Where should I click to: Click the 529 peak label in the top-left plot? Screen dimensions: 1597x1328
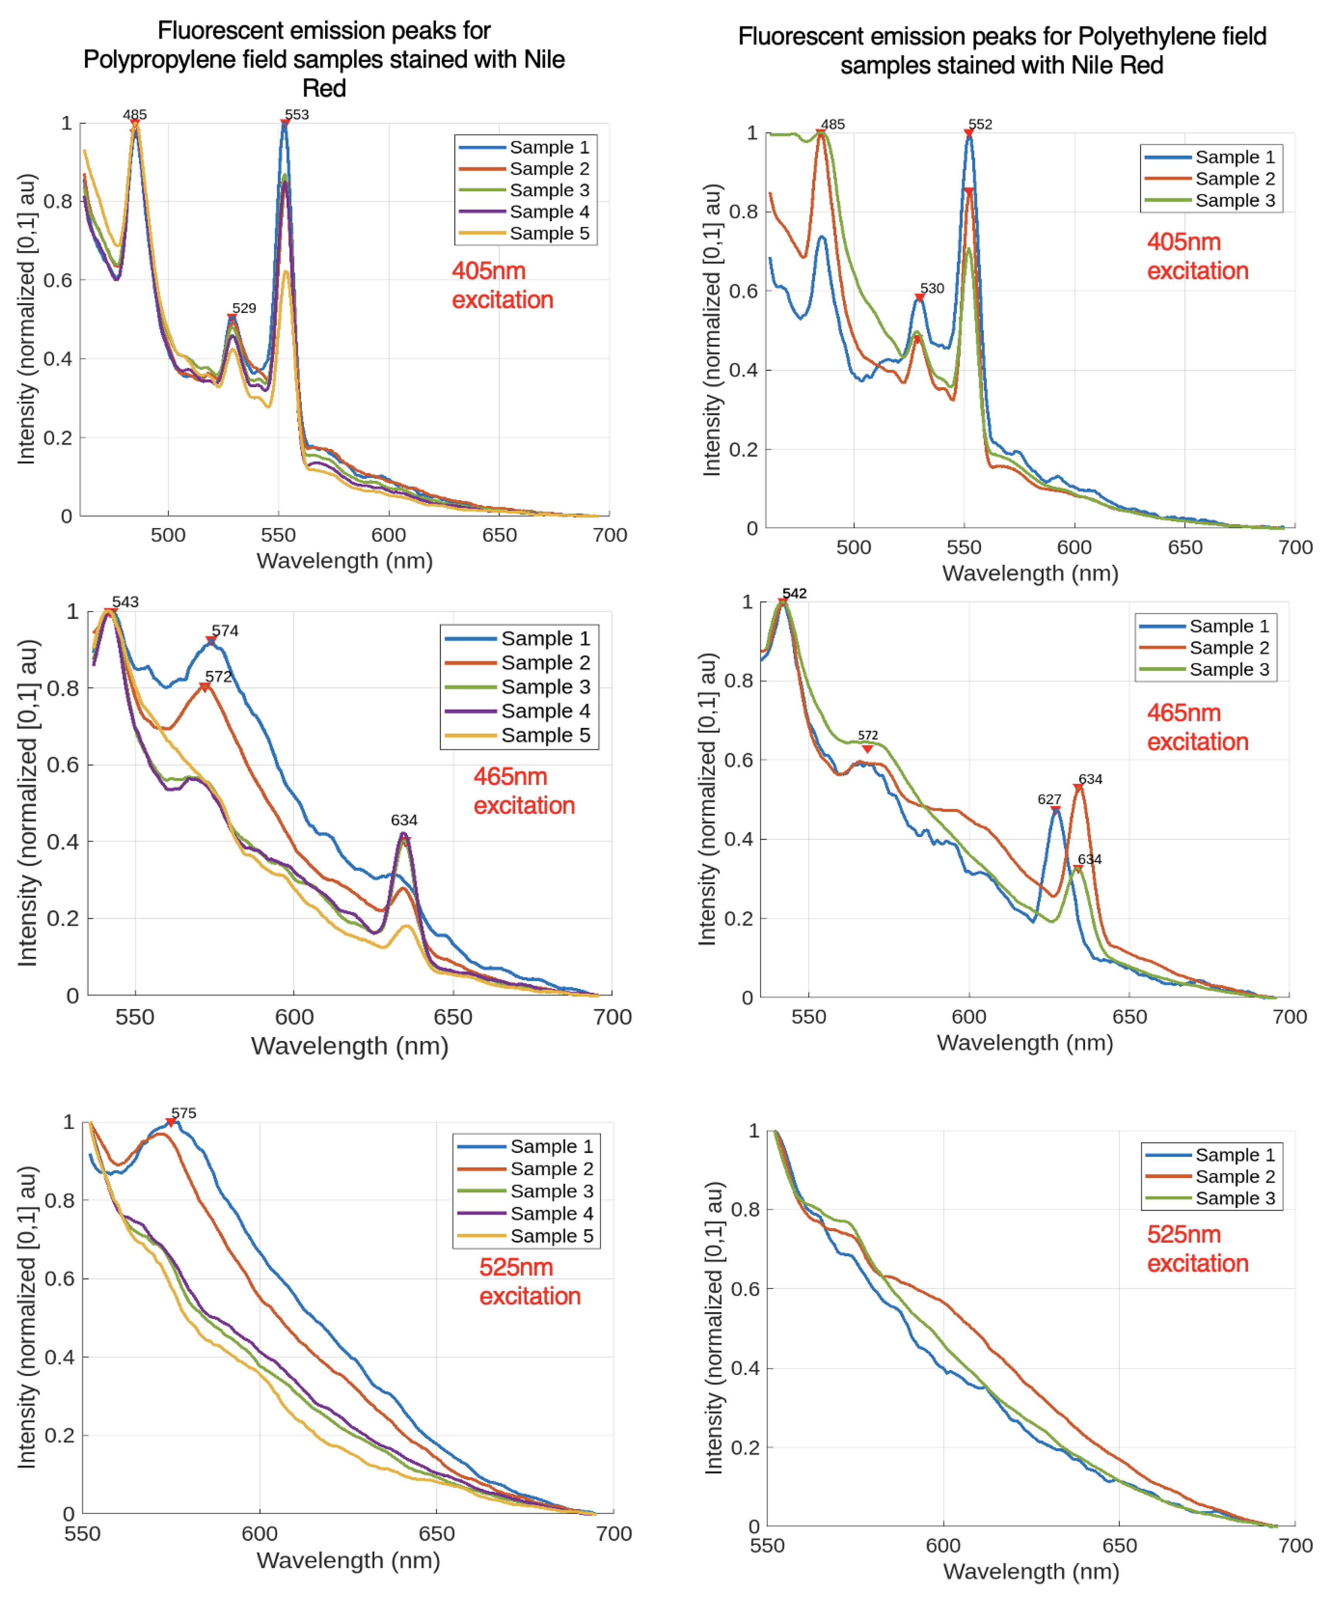pos(244,308)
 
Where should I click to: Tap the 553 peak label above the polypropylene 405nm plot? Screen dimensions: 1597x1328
pos(297,115)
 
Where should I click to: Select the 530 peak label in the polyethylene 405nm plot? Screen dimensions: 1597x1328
pos(932,288)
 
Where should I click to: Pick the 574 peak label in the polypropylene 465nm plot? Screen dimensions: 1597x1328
pos(225,631)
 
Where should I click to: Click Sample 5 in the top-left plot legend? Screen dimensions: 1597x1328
pos(549,233)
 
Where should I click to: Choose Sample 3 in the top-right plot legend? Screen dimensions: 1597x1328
pos(1235,201)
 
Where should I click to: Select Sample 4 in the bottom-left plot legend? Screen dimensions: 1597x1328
pos(551,1214)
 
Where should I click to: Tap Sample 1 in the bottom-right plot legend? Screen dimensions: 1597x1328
pos(1235,1155)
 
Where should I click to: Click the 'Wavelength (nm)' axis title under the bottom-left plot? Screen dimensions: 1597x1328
pos(348,1561)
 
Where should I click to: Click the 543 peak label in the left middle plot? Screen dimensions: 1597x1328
pos(126,602)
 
